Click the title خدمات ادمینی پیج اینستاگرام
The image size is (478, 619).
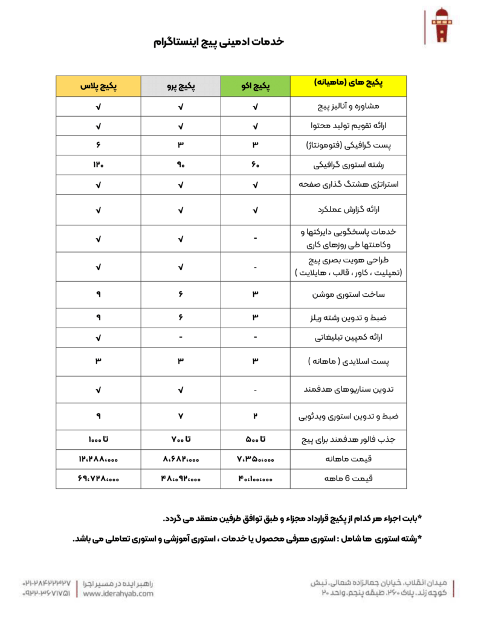(x=218, y=42)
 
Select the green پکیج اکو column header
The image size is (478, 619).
(x=256, y=86)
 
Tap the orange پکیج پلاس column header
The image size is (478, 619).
(x=99, y=86)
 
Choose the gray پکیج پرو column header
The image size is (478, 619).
(x=181, y=86)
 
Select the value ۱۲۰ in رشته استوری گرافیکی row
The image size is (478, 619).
(x=99, y=164)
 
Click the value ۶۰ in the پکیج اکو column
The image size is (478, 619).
(x=256, y=164)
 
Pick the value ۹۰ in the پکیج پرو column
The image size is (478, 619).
(x=181, y=164)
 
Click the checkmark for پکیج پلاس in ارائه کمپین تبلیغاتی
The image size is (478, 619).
(x=99, y=337)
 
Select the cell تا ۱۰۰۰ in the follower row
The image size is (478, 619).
(x=99, y=438)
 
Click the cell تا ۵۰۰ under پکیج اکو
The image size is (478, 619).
(x=256, y=438)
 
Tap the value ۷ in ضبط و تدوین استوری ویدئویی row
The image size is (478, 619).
(x=181, y=416)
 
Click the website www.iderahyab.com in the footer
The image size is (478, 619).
(x=118, y=594)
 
